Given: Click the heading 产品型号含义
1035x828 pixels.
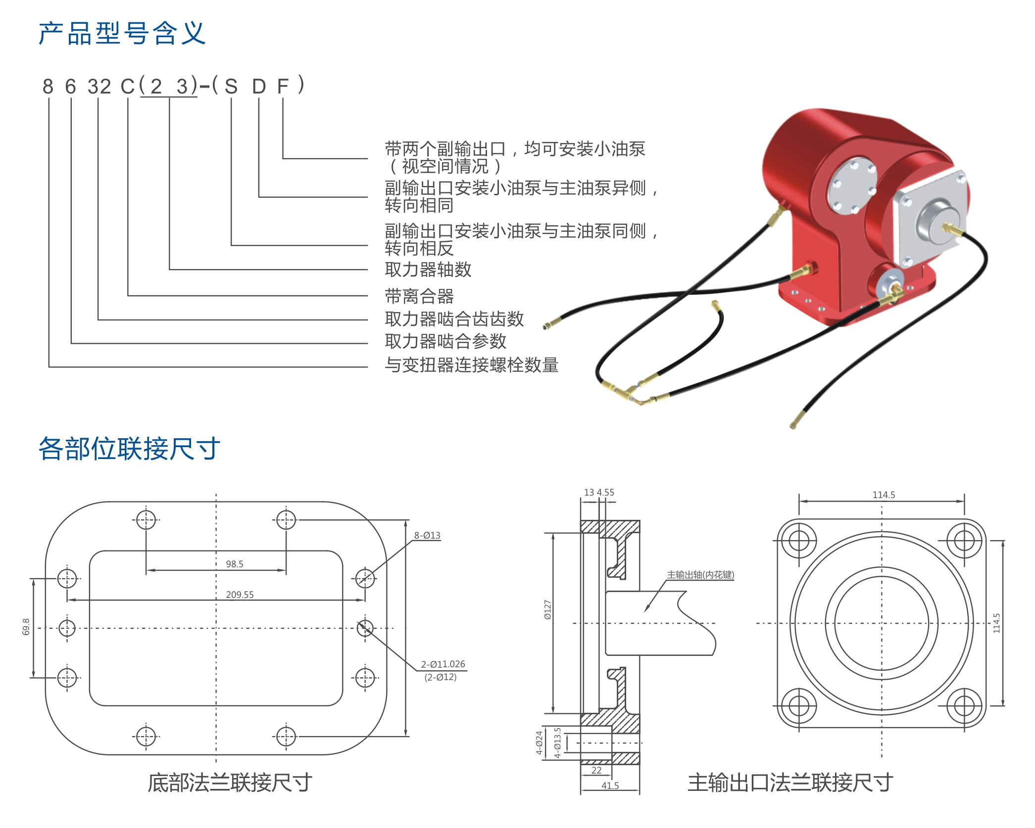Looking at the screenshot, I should [122, 34].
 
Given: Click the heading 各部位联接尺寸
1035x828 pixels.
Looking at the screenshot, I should [129, 449].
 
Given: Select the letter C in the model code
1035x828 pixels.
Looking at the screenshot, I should [127, 87].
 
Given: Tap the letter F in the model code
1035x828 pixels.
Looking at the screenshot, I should [283, 87].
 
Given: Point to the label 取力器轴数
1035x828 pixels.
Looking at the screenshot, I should [428, 270].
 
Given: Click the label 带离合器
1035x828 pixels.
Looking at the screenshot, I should [419, 296].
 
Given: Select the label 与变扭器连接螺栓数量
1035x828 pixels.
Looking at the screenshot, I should [471, 365].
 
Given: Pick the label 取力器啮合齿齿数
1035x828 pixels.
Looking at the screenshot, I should [454, 319].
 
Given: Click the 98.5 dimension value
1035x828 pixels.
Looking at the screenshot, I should [234, 564].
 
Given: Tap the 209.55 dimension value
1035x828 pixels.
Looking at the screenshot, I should [240, 595].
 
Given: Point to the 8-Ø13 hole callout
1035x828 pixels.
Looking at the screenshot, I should [427, 535].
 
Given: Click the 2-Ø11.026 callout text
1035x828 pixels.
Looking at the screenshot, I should [443, 664].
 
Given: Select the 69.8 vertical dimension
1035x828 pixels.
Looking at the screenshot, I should [26, 627].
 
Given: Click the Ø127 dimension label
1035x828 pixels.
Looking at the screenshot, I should [547, 609].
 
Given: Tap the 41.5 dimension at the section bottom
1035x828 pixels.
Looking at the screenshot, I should [610, 785].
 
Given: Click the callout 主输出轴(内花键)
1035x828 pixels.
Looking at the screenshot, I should [700, 575].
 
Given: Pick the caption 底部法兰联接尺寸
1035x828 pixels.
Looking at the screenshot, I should [230, 782].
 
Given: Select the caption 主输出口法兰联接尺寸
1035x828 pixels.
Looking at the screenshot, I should [790, 782].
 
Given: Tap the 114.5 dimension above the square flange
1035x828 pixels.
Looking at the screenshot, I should [884, 495].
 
